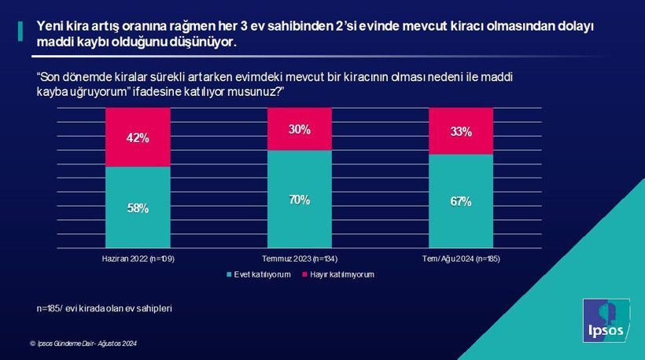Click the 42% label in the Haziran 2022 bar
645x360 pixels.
tap(138, 138)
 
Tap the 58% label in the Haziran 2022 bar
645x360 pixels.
tap(138, 208)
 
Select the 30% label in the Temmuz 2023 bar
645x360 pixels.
tap(299, 130)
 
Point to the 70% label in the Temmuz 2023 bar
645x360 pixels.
tap(299, 200)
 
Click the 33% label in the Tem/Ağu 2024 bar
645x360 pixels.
tap(460, 132)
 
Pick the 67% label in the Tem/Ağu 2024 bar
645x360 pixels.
tap(460, 202)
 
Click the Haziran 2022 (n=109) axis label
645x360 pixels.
tap(138, 259)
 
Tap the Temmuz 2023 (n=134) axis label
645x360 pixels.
tap(299, 259)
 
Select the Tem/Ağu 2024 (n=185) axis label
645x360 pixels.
tap(461, 259)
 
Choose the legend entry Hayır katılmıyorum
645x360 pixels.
tap(340, 275)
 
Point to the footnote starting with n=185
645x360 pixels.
tap(104, 308)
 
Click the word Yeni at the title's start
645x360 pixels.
tap(50, 26)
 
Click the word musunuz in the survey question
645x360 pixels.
tap(245, 92)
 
